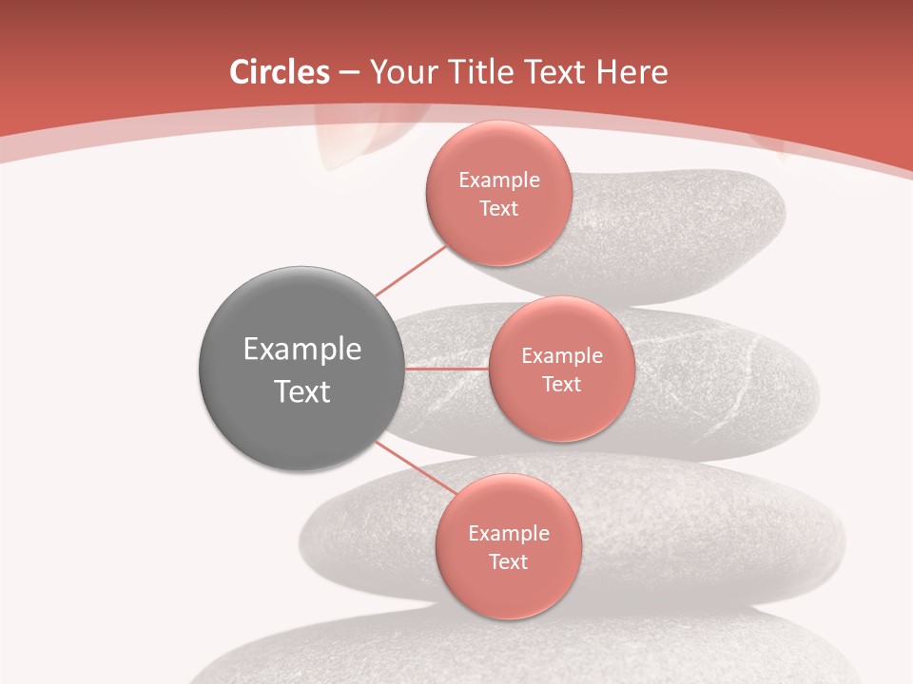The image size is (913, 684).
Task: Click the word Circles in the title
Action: pos(280,72)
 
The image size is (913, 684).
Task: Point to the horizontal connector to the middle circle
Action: pos(447,369)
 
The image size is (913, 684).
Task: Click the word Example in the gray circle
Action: pos(301,350)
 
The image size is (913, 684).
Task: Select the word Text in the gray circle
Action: pos(301,391)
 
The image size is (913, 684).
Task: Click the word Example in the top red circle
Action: pos(498,180)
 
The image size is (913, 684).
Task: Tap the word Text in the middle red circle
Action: pos(561,385)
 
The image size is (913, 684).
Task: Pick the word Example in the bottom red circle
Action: pos(508,534)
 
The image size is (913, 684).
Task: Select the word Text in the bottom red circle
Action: pos(508,562)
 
